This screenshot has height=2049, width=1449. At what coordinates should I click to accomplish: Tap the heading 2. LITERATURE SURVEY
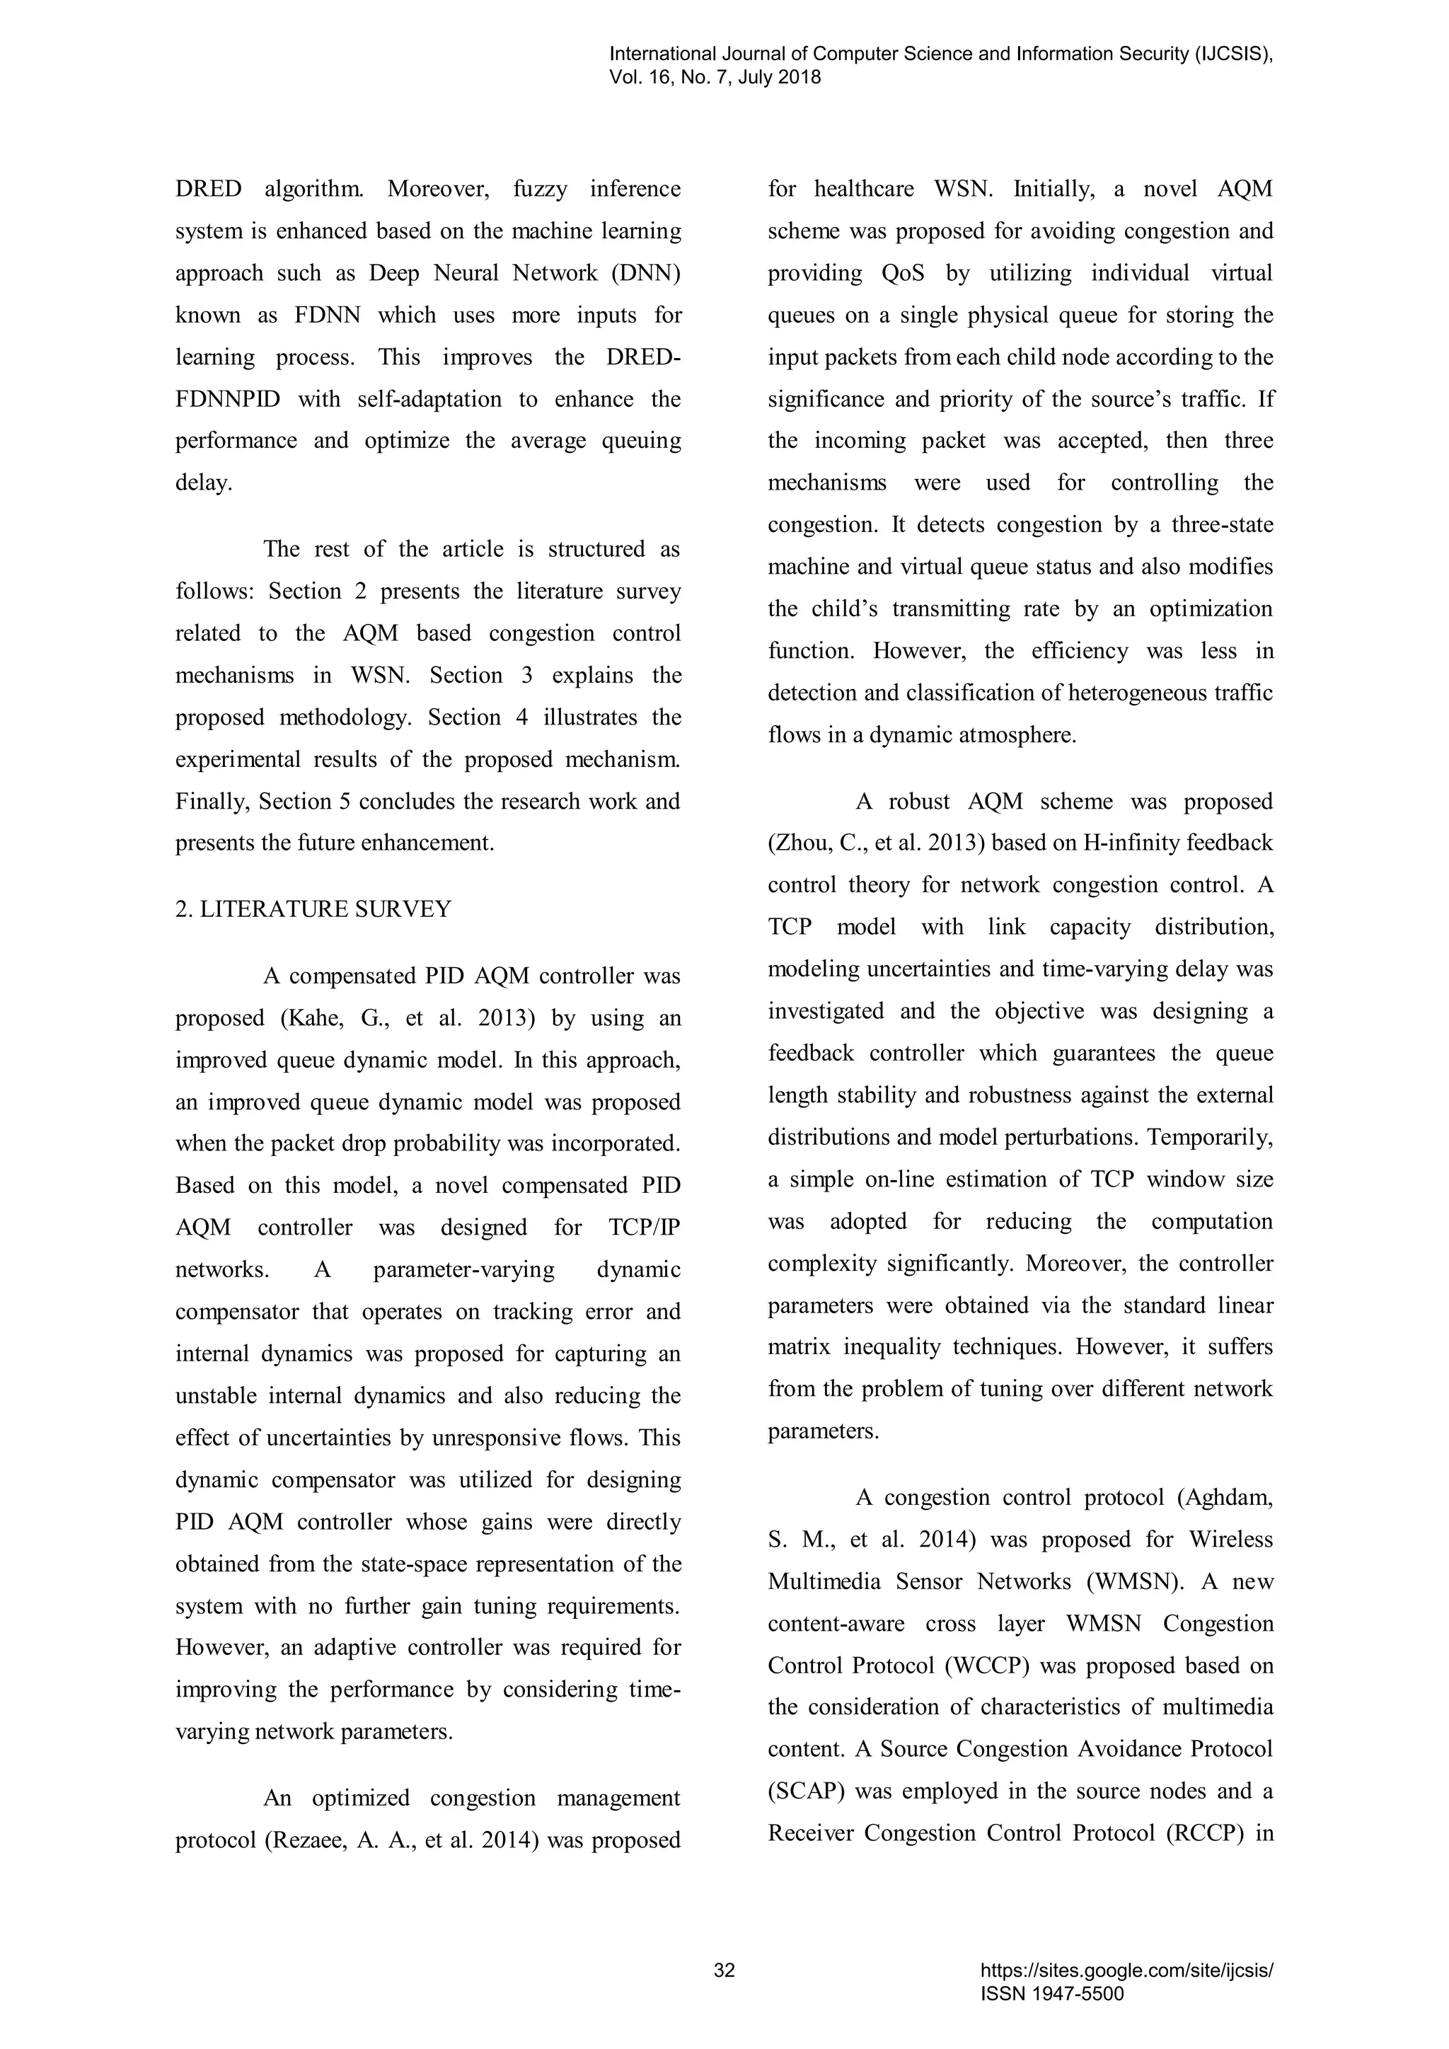tap(313, 909)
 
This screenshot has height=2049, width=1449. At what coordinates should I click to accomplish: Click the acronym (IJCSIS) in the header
tap(1233, 54)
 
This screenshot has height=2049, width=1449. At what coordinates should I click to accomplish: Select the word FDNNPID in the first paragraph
tap(228, 399)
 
